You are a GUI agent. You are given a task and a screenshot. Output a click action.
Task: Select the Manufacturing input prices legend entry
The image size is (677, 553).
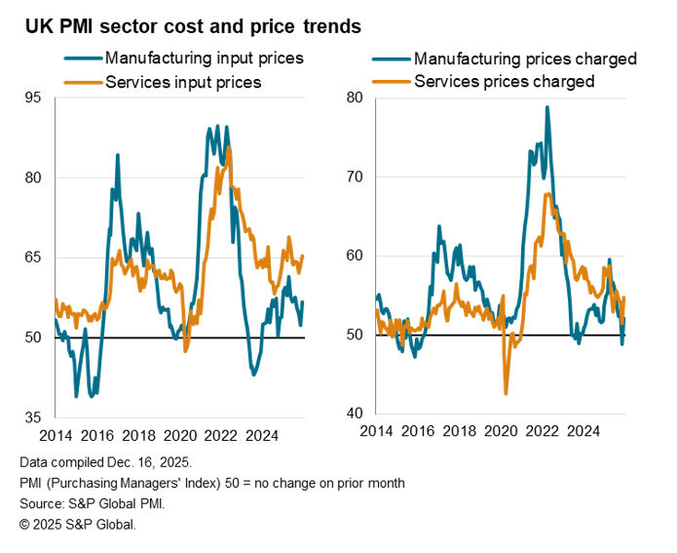click(204, 58)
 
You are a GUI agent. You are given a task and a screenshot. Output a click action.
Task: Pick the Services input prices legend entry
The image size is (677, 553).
click(182, 82)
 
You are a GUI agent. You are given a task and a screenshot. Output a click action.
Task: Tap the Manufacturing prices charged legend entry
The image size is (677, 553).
click(525, 59)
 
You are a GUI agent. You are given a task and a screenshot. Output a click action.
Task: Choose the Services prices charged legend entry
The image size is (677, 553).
click(504, 82)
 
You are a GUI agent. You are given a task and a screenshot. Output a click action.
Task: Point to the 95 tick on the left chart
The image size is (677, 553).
click(33, 98)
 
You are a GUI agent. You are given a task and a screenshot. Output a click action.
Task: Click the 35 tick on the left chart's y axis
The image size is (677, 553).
click(33, 417)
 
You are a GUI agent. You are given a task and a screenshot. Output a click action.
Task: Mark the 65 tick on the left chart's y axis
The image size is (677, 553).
click(33, 257)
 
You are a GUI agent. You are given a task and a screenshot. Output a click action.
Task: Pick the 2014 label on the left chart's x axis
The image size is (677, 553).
click(56, 432)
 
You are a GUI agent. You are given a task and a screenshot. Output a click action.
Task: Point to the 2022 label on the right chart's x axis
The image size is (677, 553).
click(542, 430)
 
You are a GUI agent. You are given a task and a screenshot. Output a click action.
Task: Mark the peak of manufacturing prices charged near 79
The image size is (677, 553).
click(547, 106)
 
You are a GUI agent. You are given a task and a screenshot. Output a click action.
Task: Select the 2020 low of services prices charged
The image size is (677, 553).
click(506, 394)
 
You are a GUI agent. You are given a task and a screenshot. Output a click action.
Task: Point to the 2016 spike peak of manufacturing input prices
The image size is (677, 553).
click(118, 154)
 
